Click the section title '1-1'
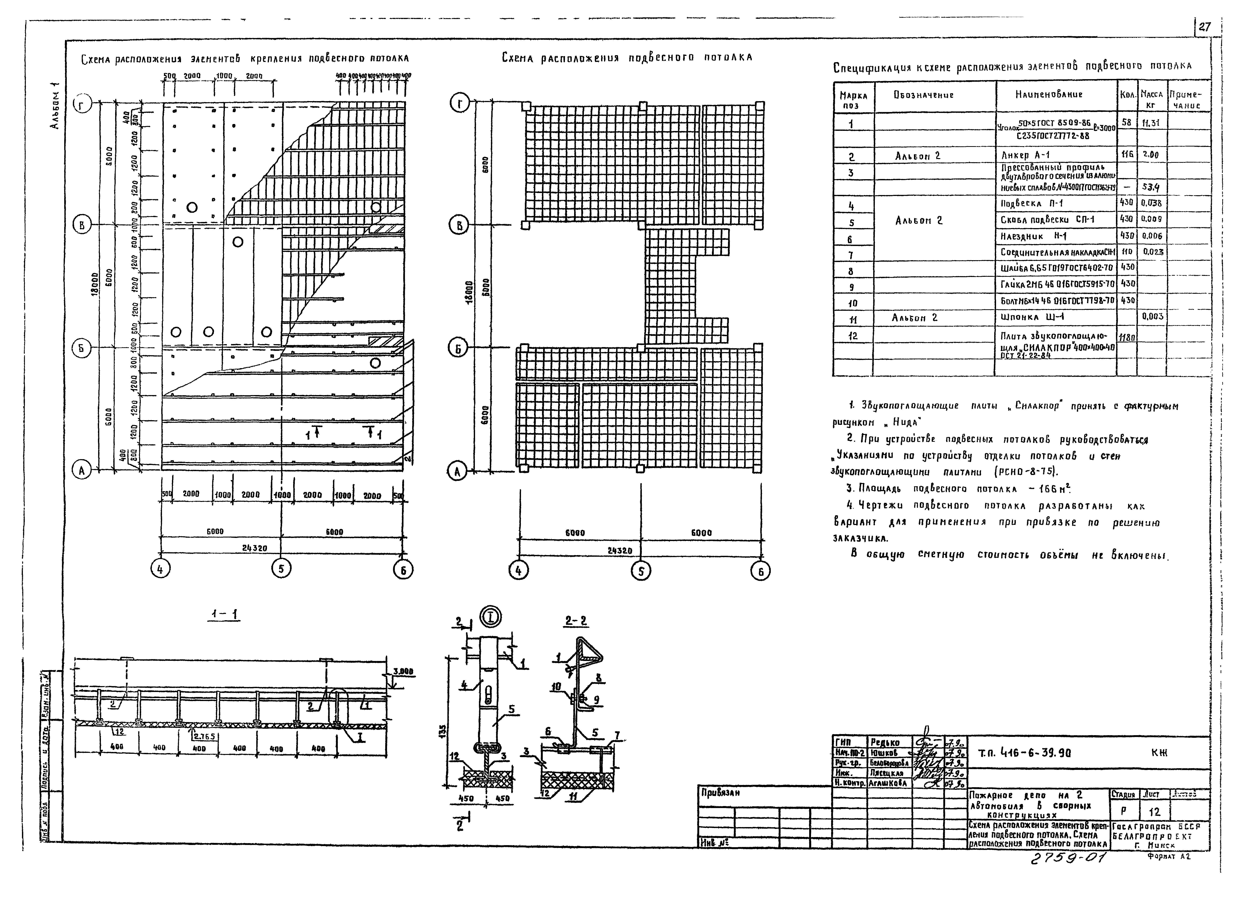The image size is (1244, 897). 225,616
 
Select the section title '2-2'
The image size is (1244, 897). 576,621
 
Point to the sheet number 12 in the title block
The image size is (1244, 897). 1154,812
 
